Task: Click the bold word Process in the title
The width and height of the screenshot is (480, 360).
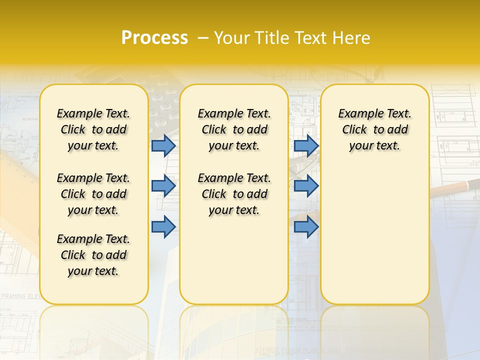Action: (x=154, y=38)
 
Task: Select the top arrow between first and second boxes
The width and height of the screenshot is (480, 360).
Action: (x=163, y=145)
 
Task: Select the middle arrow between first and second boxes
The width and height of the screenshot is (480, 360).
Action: (x=163, y=186)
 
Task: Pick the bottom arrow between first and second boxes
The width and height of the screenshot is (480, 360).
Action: (x=163, y=227)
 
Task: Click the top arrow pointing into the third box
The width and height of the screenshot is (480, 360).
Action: (x=306, y=145)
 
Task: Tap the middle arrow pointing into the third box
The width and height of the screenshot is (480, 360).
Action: (x=306, y=186)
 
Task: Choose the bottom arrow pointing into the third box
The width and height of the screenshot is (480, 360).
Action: (x=306, y=227)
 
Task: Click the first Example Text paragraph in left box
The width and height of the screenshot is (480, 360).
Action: (x=93, y=129)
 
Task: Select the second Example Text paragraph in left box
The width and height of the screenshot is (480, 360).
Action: (x=93, y=194)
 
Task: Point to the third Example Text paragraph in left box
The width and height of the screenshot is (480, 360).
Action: (x=93, y=255)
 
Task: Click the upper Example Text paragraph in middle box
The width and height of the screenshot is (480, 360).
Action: (x=234, y=129)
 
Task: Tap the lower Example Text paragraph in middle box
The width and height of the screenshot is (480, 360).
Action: (x=234, y=194)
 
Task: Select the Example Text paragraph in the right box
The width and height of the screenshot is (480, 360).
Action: (x=374, y=129)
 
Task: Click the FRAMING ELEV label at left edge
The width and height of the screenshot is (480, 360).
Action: (x=20, y=296)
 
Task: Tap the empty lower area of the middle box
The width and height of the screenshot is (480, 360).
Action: (x=234, y=260)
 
